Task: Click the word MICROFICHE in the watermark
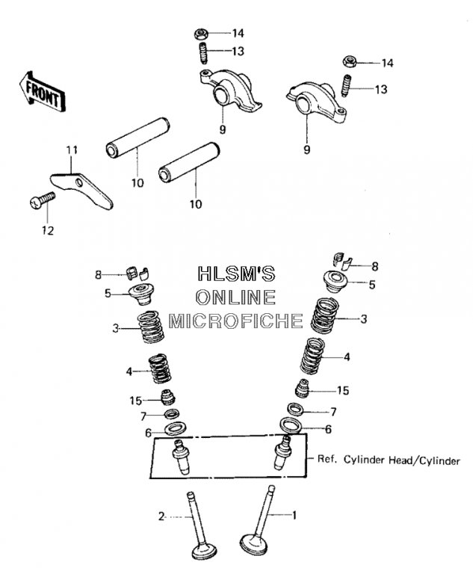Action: pyautogui.click(x=235, y=321)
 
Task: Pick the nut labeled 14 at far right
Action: pyautogui.click(x=348, y=61)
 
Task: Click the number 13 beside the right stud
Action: pyautogui.click(x=380, y=90)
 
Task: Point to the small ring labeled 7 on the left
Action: pyautogui.click(x=172, y=414)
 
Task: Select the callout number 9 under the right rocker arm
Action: pyautogui.click(x=306, y=149)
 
